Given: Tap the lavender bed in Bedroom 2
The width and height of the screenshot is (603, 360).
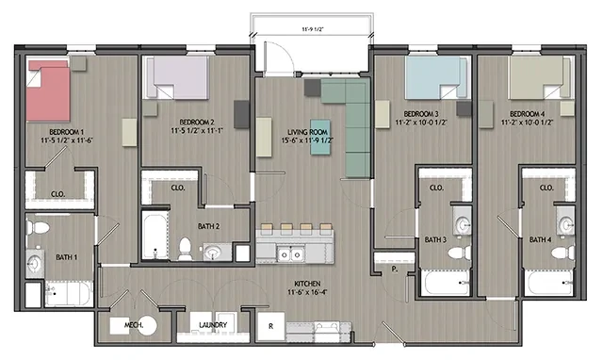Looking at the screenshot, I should click(x=178, y=76).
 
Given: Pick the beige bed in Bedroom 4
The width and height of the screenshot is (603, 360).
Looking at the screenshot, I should click(x=536, y=77).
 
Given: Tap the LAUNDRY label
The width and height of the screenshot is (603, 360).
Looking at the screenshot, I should click(x=217, y=327).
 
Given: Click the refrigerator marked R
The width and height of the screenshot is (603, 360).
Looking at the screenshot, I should click(x=271, y=326).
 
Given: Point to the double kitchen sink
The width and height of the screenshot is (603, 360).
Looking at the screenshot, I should click(x=290, y=253).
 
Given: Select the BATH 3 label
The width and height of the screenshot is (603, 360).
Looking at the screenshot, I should click(x=435, y=240).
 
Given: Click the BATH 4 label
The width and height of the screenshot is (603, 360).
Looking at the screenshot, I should click(x=539, y=240).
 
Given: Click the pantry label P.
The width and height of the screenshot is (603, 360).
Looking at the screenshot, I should click(x=397, y=269).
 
